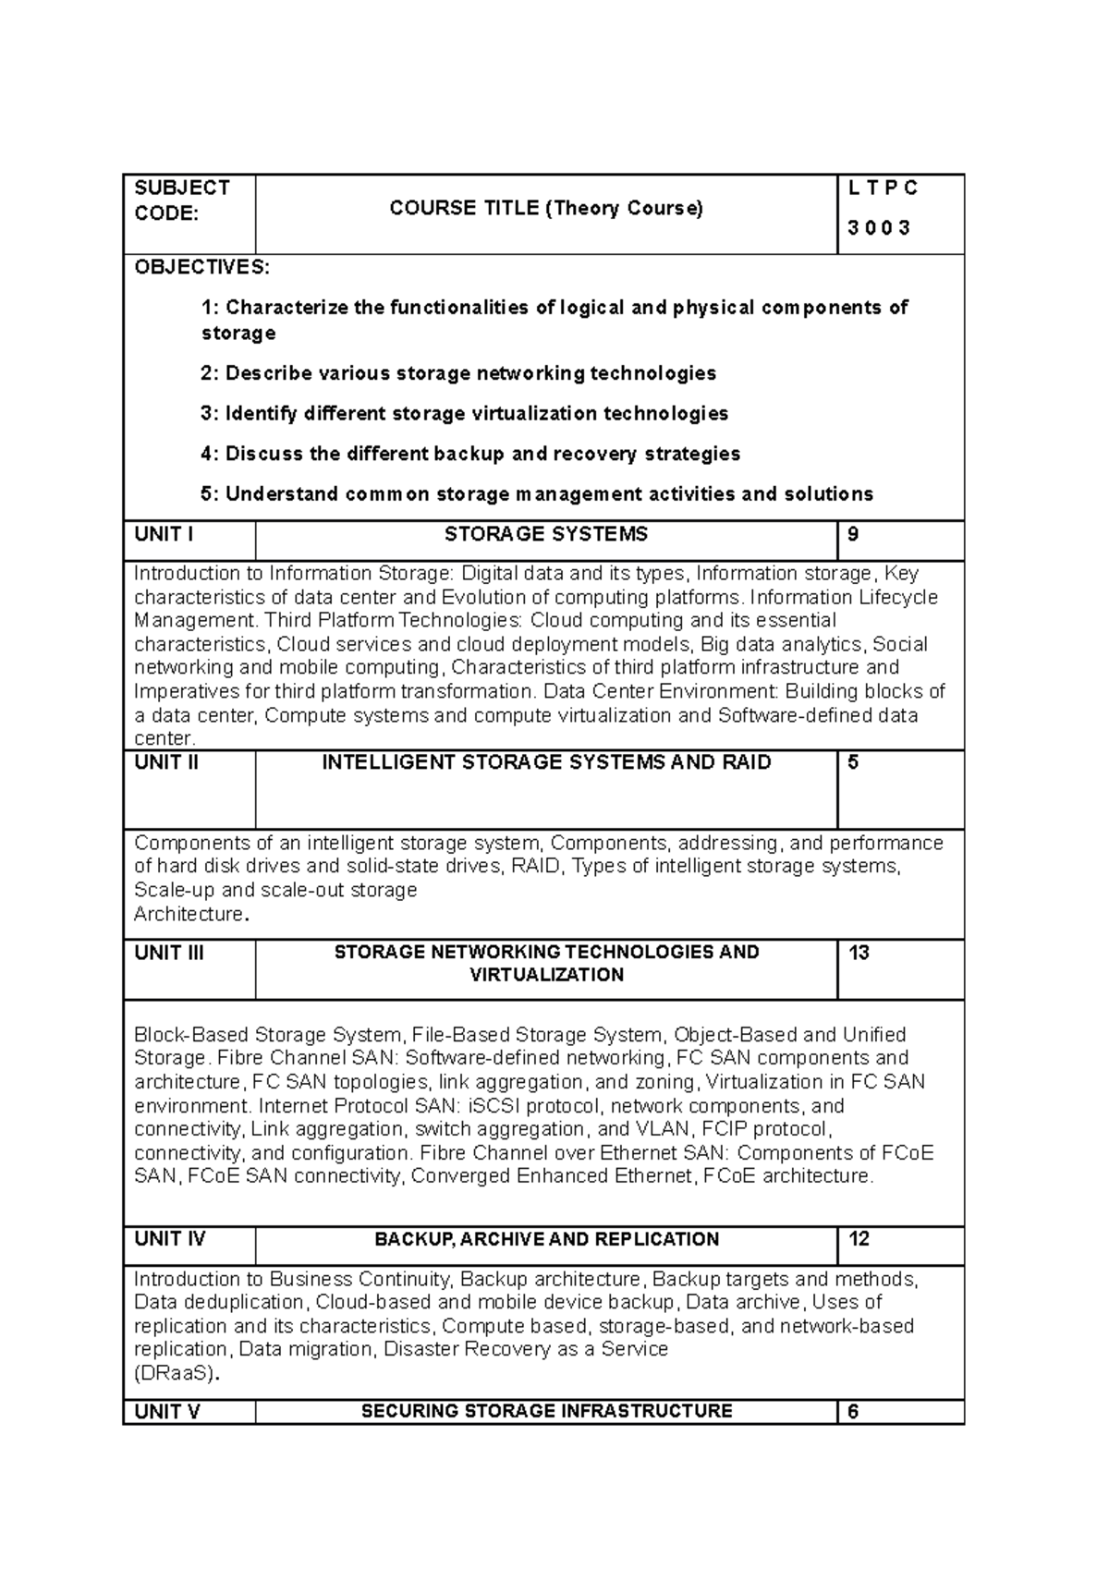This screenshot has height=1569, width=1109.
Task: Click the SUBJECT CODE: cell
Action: pos(181,201)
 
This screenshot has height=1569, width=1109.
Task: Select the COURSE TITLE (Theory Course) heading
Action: pos(545,209)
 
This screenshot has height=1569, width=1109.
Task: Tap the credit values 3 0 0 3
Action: pos(878,228)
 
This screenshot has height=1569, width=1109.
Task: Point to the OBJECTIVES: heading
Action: pos(201,268)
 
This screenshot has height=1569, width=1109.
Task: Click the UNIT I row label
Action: pos(164,534)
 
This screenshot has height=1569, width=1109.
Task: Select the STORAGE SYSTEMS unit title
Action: pos(545,534)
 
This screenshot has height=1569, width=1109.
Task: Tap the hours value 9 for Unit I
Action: pos(853,534)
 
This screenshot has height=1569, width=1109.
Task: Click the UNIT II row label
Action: pos(166,762)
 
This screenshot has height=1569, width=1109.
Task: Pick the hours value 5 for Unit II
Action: pos(853,762)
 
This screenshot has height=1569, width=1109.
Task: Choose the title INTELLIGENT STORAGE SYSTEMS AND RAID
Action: pos(545,762)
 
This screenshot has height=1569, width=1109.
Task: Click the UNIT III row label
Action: pos(169,953)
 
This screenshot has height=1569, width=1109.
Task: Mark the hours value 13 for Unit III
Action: pos(859,953)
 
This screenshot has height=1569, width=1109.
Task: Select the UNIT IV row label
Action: pos(170,1239)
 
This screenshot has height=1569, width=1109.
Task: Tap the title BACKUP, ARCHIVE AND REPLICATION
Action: pos(545,1239)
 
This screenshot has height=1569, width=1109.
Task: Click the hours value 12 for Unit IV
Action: pos(859,1239)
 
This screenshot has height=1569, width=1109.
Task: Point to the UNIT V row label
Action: pos(167,1411)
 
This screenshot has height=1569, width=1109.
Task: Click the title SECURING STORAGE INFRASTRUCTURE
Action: pos(545,1411)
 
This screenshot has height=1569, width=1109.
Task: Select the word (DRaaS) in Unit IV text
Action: pos(177,1373)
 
